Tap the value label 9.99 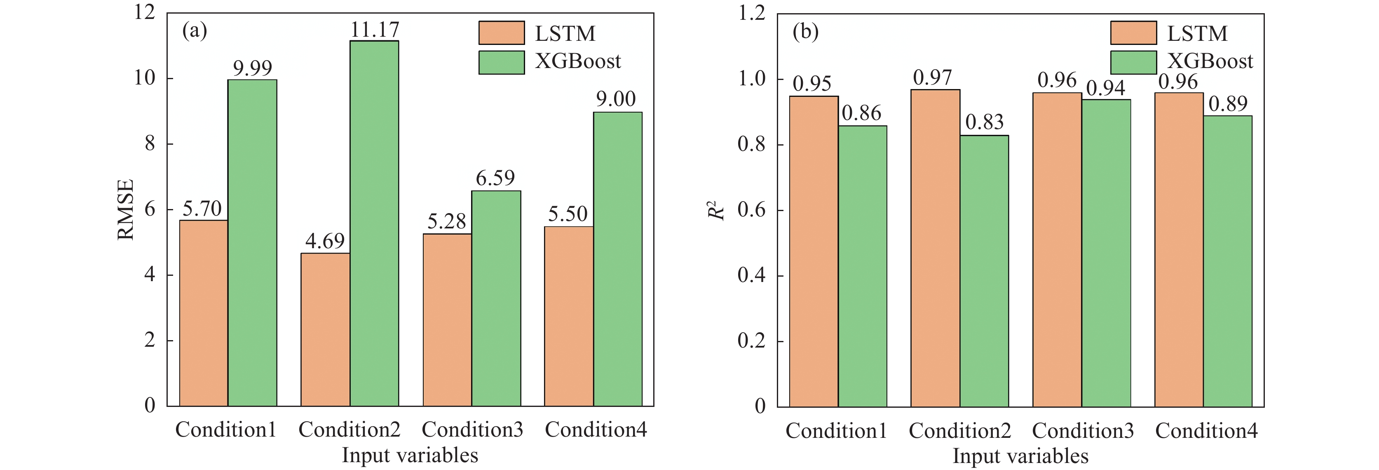pyautogui.click(x=253, y=68)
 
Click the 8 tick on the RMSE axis pyautogui.click(x=150, y=143)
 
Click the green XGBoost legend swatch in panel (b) pyautogui.click(x=1133, y=62)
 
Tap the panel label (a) pyautogui.click(x=195, y=31)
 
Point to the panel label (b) pyautogui.click(x=805, y=32)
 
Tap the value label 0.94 pyautogui.click(x=1105, y=88)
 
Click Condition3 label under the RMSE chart pyautogui.click(x=472, y=429)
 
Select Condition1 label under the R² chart pyautogui.click(x=836, y=430)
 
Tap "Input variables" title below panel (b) pyautogui.click(x=1020, y=456)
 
